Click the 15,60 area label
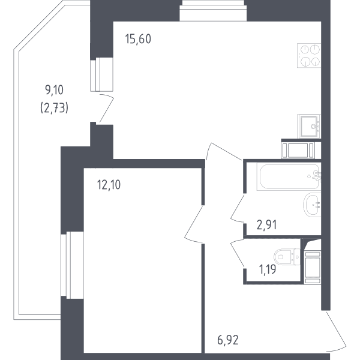click(138, 39)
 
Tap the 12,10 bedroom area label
click(109, 185)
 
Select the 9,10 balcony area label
click(54, 90)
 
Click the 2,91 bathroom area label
click(266, 225)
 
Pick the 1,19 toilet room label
click(267, 269)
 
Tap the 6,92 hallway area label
click(228, 340)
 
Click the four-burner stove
click(309, 55)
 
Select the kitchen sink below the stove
click(309, 126)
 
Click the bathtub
click(289, 176)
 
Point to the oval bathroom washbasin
click(312, 205)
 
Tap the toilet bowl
click(287, 257)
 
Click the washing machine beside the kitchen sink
click(298, 151)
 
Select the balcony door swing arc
click(107, 108)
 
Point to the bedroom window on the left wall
click(72, 265)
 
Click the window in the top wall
click(213, 11)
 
